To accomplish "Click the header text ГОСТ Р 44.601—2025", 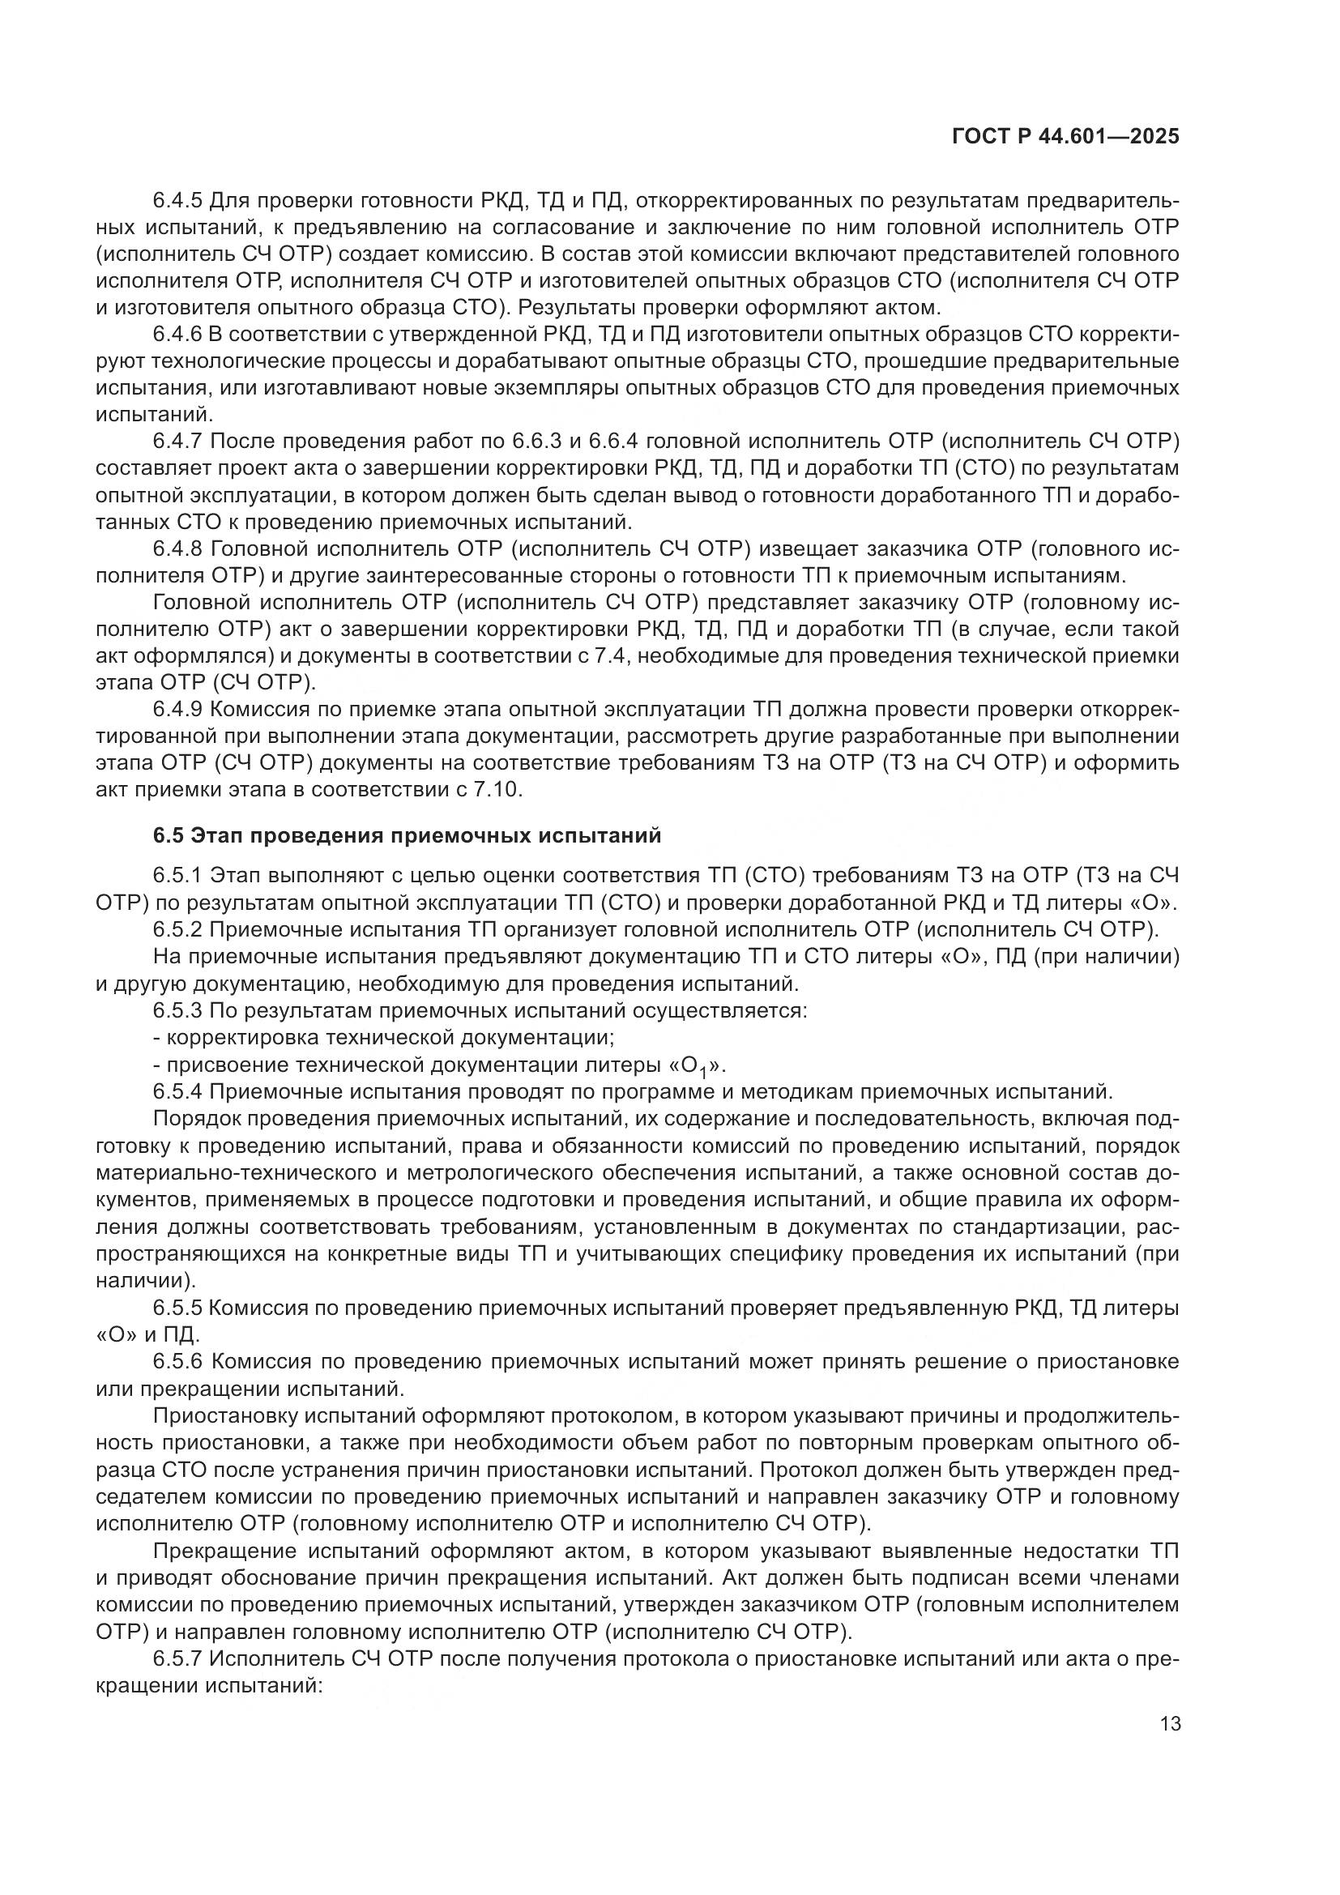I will click(x=1065, y=136).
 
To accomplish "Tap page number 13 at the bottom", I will click(x=1170, y=1724).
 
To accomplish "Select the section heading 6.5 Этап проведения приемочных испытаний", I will click(x=408, y=836).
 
